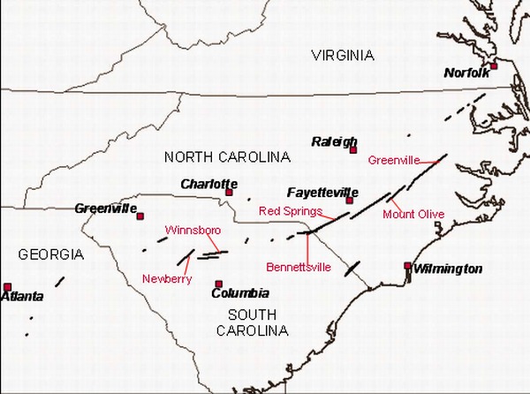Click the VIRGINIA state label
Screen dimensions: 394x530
[x=343, y=56]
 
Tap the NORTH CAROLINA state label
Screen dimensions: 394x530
[x=227, y=157]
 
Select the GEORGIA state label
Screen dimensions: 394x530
[x=51, y=254]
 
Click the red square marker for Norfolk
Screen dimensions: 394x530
[x=494, y=66]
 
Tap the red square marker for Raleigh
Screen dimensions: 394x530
[x=353, y=150]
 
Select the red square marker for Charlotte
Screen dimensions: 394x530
[x=229, y=192]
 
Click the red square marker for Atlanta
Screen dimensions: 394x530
[x=8, y=286]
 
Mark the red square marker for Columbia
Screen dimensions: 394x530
[x=219, y=284]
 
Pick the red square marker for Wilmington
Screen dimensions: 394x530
[x=407, y=265]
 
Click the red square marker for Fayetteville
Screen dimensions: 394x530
[x=350, y=201]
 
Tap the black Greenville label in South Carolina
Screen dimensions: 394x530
[x=105, y=208]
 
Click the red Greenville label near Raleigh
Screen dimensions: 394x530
[x=394, y=160]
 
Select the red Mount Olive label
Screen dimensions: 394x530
[x=413, y=215]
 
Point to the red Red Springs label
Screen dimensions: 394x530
[x=290, y=212]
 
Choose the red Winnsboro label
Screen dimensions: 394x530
[x=193, y=231]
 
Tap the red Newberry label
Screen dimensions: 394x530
[x=168, y=279]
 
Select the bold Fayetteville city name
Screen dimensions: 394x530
[x=322, y=193]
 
